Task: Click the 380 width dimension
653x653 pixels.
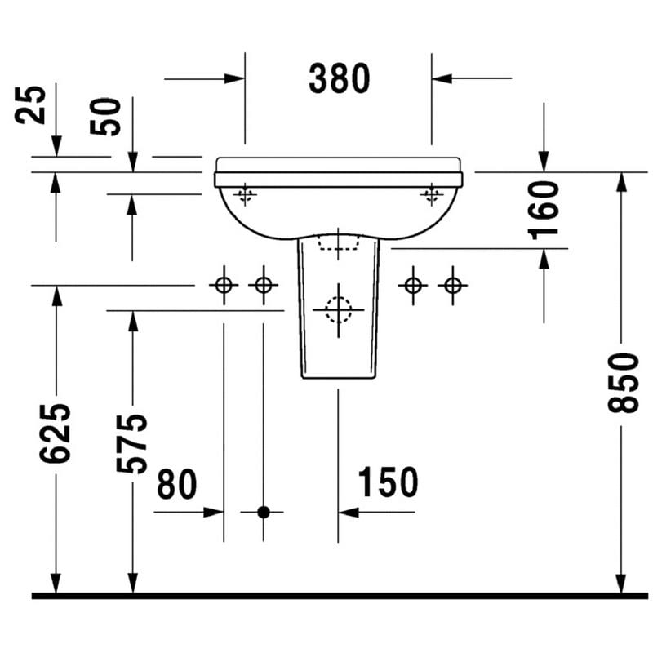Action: [339, 78]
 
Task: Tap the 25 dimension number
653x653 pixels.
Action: [30, 105]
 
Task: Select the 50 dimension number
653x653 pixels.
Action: [105, 117]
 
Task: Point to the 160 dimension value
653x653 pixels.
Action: [543, 211]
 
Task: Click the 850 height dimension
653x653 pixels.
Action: [623, 383]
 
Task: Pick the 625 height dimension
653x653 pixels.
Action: [55, 433]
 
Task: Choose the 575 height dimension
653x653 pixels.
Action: [131, 444]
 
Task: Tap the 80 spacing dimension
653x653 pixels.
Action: [176, 483]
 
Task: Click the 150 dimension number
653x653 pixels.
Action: [388, 482]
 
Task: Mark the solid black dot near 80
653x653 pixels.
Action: [263, 512]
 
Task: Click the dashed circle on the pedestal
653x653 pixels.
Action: [339, 310]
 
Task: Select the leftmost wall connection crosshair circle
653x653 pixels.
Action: [224, 286]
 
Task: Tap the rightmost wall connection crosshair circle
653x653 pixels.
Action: [453, 286]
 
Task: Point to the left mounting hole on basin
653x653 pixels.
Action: [245, 194]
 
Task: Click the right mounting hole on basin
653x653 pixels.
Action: [432, 194]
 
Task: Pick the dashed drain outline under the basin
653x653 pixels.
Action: [338, 242]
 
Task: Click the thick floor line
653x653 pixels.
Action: [340, 597]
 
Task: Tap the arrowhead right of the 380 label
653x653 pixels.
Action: [442, 78]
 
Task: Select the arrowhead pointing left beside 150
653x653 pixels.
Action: [349, 513]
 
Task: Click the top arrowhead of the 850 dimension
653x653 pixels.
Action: [621, 182]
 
